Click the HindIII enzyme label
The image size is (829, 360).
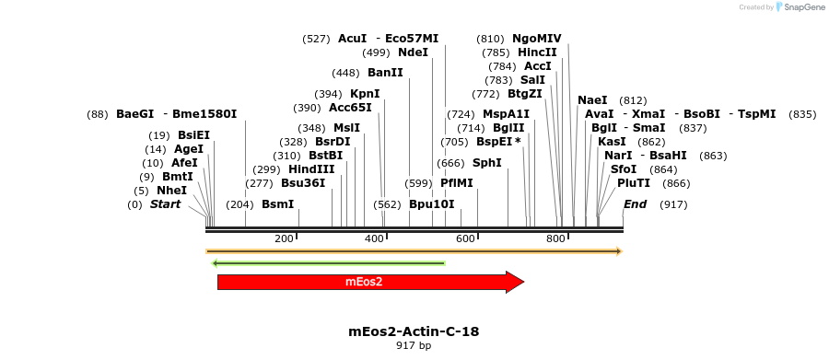click(311, 169)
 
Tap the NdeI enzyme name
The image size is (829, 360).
click(413, 52)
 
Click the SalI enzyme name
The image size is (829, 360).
click(532, 80)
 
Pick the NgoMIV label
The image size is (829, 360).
click(537, 38)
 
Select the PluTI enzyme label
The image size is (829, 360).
click(634, 183)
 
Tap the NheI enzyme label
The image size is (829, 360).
click(172, 191)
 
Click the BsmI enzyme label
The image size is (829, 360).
click(278, 204)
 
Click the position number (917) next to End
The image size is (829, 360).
click(673, 204)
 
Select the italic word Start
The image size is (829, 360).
click(165, 204)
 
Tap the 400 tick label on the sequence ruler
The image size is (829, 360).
click(374, 239)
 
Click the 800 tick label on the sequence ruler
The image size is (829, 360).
click(556, 239)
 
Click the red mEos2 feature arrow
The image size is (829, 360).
click(370, 282)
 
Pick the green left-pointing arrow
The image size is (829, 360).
click(328, 262)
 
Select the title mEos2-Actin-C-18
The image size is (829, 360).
click(414, 332)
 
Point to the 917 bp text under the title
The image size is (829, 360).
click(414, 345)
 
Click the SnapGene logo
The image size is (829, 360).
click(800, 6)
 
